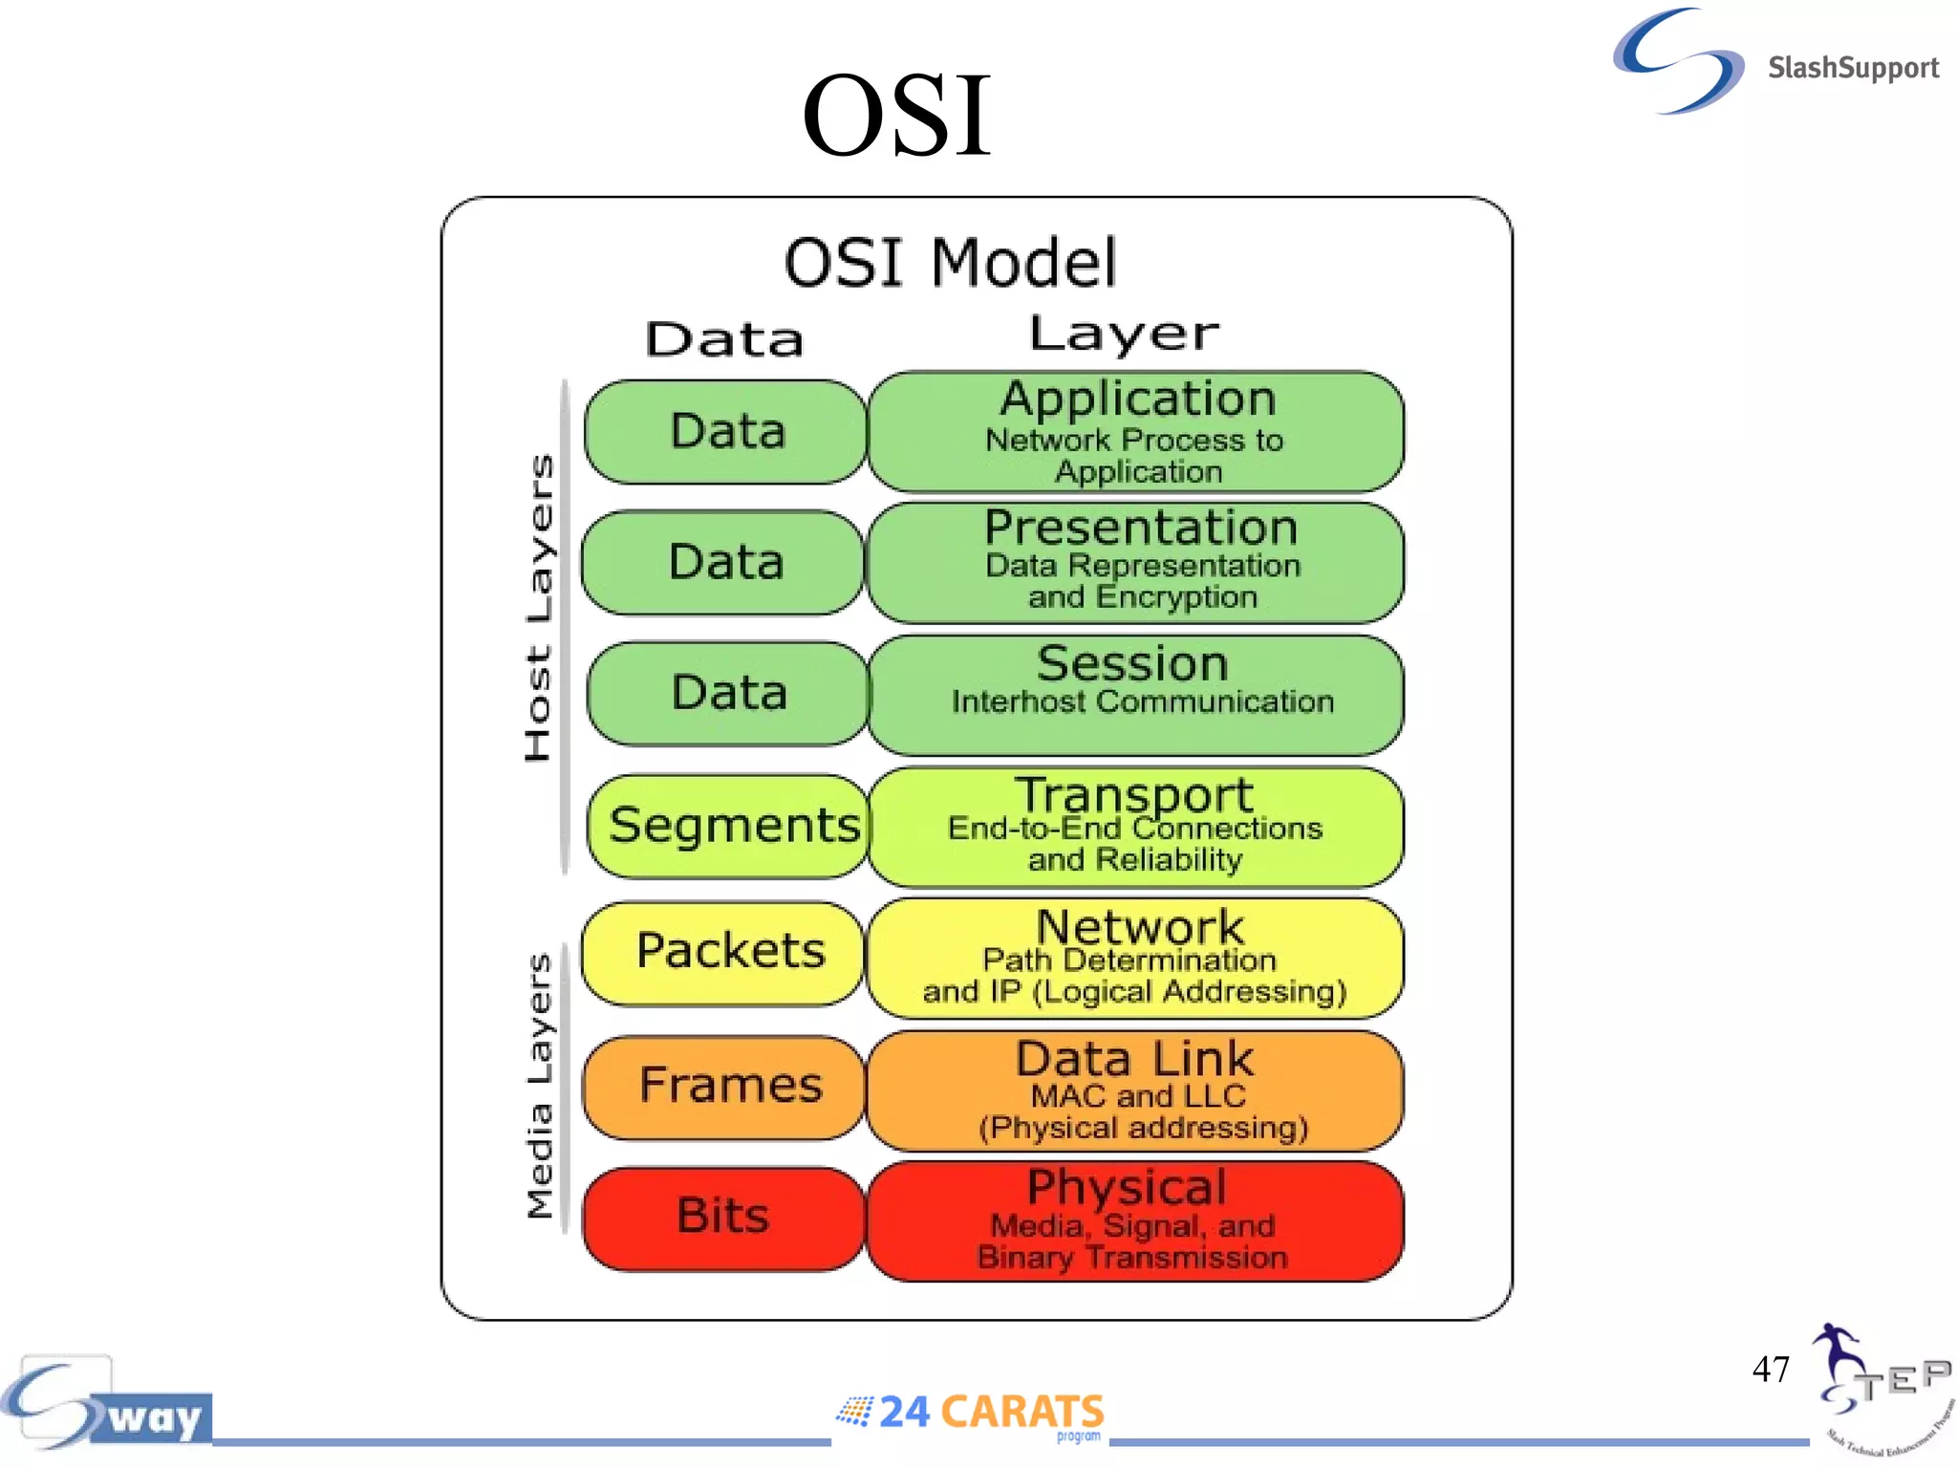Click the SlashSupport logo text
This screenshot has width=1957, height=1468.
(x=1852, y=68)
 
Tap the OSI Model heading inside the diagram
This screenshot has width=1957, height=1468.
(x=950, y=263)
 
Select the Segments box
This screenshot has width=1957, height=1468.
(x=731, y=826)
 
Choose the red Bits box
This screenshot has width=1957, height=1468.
(x=723, y=1217)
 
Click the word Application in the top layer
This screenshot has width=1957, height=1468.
(x=1137, y=399)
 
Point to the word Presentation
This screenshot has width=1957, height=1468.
(x=1141, y=528)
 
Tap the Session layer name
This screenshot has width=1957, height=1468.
(x=1132, y=663)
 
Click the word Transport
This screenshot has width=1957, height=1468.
(x=1133, y=795)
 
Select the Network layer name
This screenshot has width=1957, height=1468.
(x=1140, y=926)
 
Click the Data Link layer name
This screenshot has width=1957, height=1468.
(x=1134, y=1059)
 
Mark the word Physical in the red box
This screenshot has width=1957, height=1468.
(x=1127, y=1187)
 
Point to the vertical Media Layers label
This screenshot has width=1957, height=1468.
(x=540, y=1086)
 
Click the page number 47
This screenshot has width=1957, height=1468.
(x=1770, y=1370)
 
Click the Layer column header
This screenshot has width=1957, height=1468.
(x=1124, y=335)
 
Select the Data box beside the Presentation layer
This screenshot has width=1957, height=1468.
(x=724, y=562)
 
